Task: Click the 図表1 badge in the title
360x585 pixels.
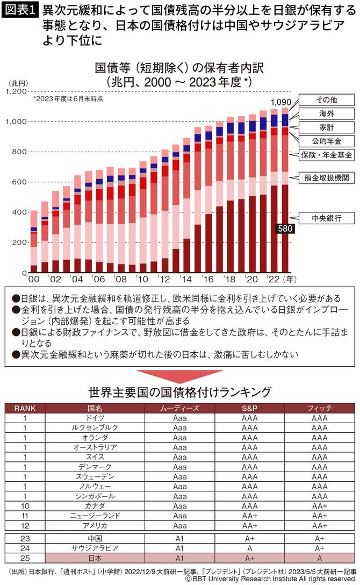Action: (20, 10)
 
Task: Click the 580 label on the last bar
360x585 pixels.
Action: (284, 229)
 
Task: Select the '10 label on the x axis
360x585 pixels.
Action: (142, 281)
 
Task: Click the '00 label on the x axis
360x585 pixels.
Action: (34, 281)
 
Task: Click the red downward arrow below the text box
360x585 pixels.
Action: (179, 375)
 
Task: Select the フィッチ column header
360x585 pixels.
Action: (319, 408)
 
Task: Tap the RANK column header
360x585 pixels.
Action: (24, 408)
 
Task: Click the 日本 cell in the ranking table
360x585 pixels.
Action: (95, 557)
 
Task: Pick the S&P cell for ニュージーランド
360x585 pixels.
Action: (249, 515)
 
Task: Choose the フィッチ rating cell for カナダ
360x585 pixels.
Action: (319, 505)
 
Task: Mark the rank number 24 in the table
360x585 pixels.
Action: (24, 547)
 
